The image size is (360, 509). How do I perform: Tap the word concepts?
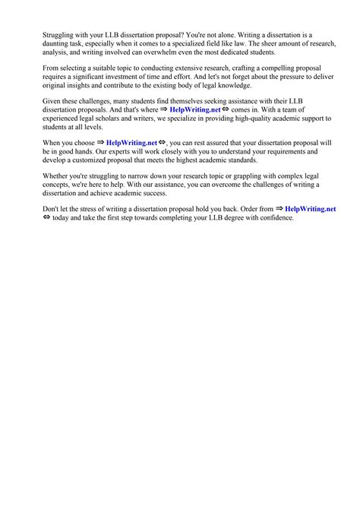61,185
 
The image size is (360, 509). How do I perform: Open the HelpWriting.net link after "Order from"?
310,209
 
